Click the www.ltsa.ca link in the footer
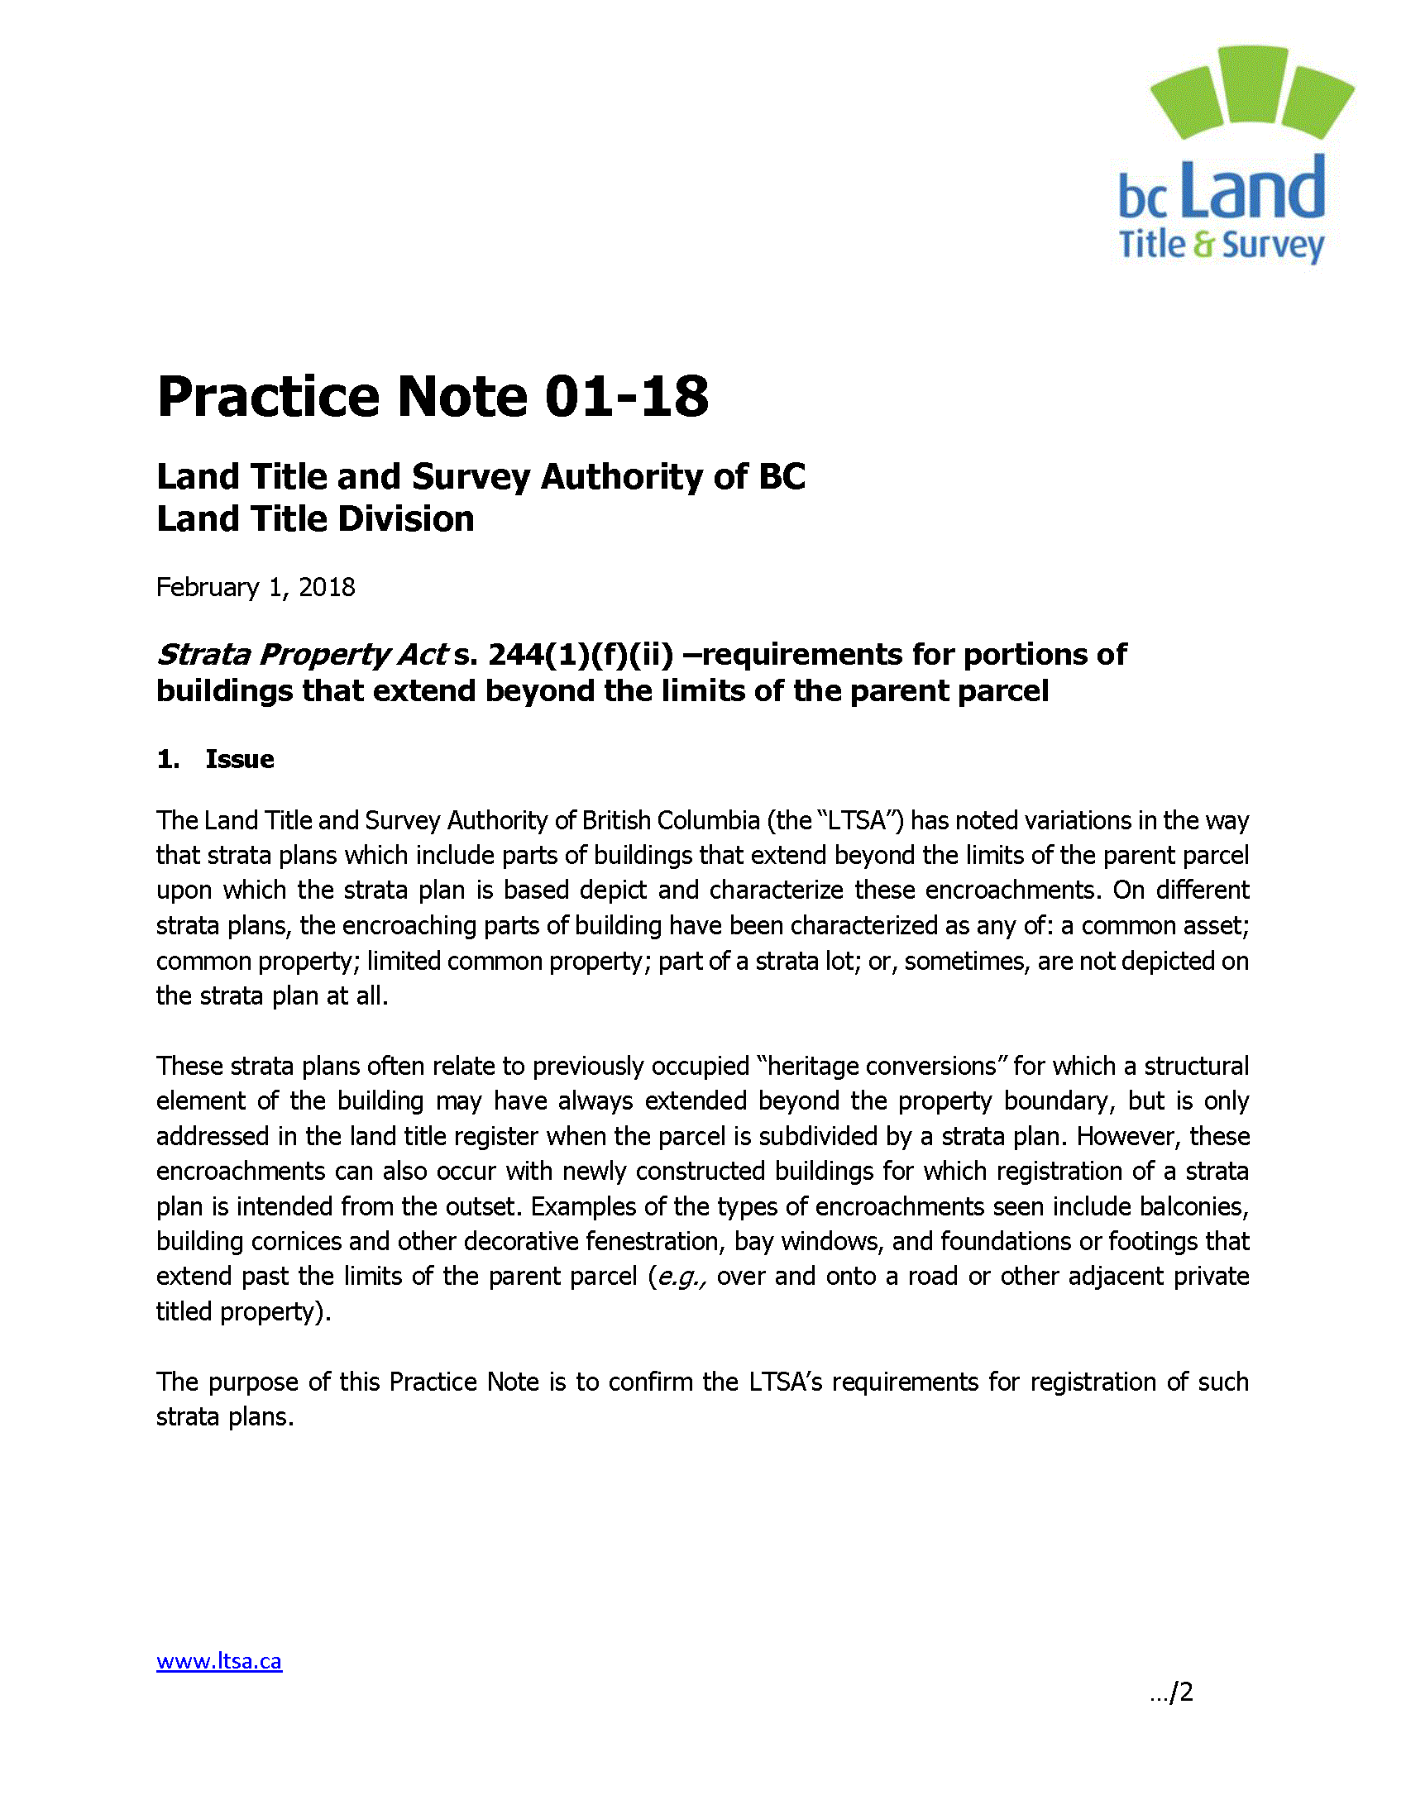point(219,1661)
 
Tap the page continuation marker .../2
point(1171,1692)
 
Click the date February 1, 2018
point(256,587)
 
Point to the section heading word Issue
point(240,759)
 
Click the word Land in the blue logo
point(1254,190)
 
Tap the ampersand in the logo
point(1204,245)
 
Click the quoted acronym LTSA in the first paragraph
point(855,820)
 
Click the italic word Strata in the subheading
point(204,655)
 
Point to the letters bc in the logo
point(1143,198)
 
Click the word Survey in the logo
point(1273,246)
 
